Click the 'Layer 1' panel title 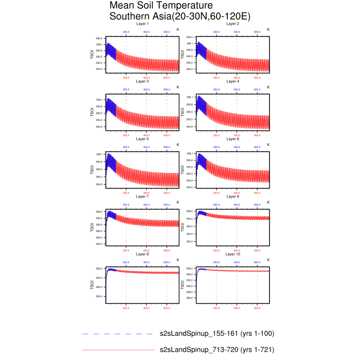click(142, 24)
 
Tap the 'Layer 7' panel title click(142, 196)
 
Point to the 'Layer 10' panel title click(233, 254)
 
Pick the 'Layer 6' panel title click(233, 139)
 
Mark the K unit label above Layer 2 click(268, 30)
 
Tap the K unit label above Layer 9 click(178, 260)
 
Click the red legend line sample click(118, 350)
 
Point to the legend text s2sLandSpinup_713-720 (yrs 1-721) click(217, 350)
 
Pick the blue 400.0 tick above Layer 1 click(146, 32)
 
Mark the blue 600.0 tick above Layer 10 click(257, 262)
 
